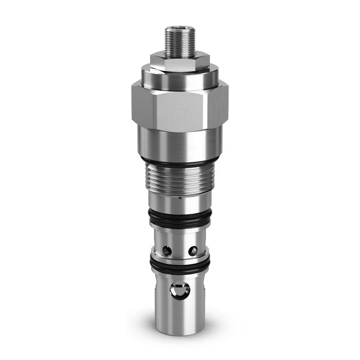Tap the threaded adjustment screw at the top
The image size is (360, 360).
[x=180, y=42]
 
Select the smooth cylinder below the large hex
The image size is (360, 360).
[x=179, y=142]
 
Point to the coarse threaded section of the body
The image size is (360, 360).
[x=179, y=178]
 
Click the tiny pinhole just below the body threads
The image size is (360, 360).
[x=180, y=198]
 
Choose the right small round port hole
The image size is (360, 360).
[x=193, y=251]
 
